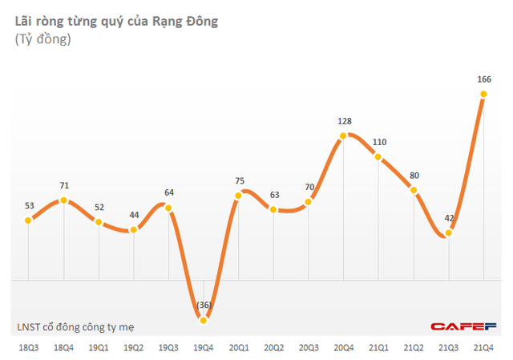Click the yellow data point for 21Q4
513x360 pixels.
tap(484, 94)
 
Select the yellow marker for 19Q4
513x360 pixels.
tap(204, 320)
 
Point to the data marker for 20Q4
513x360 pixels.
tap(344, 136)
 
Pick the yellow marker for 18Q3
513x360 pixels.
tap(29, 220)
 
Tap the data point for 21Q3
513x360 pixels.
tap(449, 233)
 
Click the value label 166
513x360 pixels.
tap(484, 79)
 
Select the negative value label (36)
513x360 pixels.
tap(204, 305)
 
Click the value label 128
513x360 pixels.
tap(344, 121)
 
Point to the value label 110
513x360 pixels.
tap(379, 142)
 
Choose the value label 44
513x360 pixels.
tap(134, 215)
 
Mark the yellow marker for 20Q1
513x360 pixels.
tap(239, 195)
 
